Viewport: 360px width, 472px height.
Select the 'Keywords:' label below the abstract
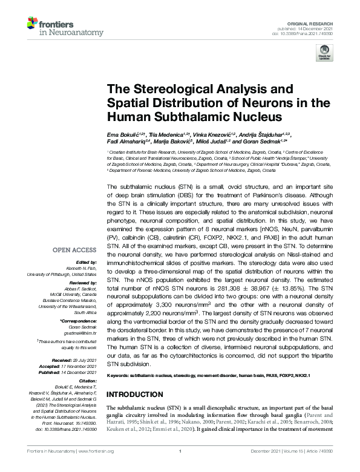point(118,376)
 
